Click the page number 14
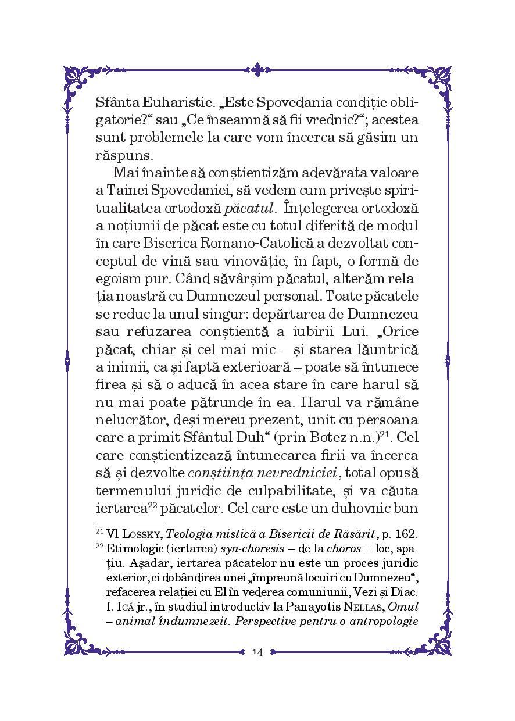tap(257, 652)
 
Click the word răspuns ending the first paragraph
tap(121, 156)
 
